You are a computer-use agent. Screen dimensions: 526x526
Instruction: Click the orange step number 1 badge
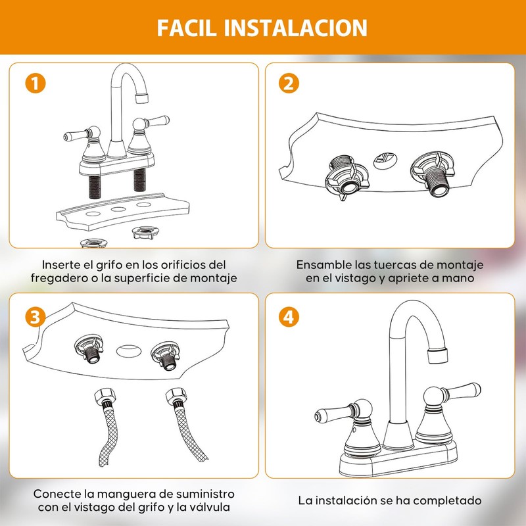36,84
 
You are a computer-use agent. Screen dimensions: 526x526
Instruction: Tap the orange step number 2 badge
289,84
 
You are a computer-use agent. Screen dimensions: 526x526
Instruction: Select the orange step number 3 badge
36,317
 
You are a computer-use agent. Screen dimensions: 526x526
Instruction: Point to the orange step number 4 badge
289,317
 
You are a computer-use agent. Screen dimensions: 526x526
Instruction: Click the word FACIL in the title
187,28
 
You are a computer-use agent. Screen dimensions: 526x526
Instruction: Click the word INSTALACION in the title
295,28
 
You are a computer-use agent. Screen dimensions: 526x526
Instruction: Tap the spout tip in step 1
141,98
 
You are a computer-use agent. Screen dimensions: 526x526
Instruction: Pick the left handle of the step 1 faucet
76,135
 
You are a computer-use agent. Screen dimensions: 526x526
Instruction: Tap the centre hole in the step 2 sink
385,161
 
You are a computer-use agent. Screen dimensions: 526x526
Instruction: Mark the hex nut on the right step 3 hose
176,396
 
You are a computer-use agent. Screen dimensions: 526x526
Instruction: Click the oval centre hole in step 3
129,351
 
